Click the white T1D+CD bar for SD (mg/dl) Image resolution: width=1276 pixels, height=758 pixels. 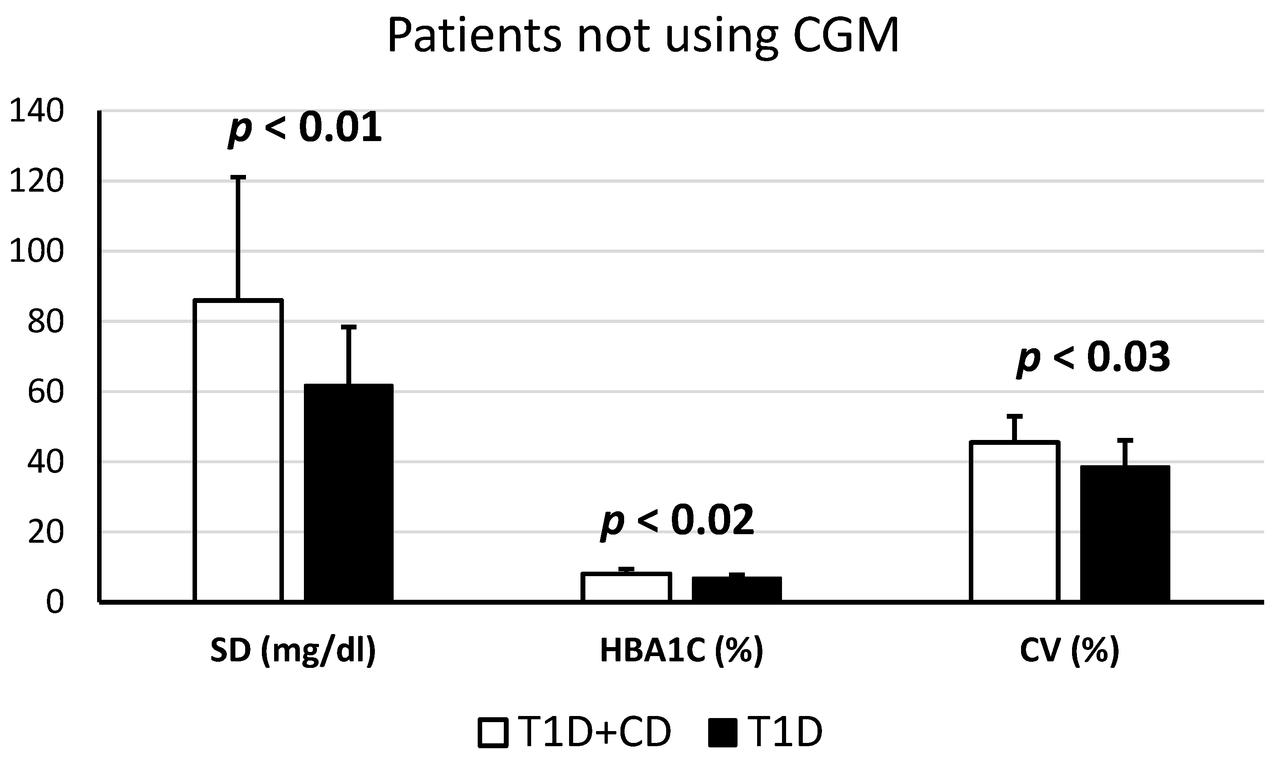tap(238, 449)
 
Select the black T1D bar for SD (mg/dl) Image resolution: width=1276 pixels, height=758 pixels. tap(348, 493)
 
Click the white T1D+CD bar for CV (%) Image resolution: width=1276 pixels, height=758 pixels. tap(1015, 521)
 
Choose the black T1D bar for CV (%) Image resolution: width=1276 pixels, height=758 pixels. tap(1125, 533)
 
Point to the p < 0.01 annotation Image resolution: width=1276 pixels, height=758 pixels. tap(305, 128)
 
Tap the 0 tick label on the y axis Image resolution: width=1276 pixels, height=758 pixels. tap(55, 603)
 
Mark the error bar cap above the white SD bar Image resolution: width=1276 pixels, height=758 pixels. tap(238, 177)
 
